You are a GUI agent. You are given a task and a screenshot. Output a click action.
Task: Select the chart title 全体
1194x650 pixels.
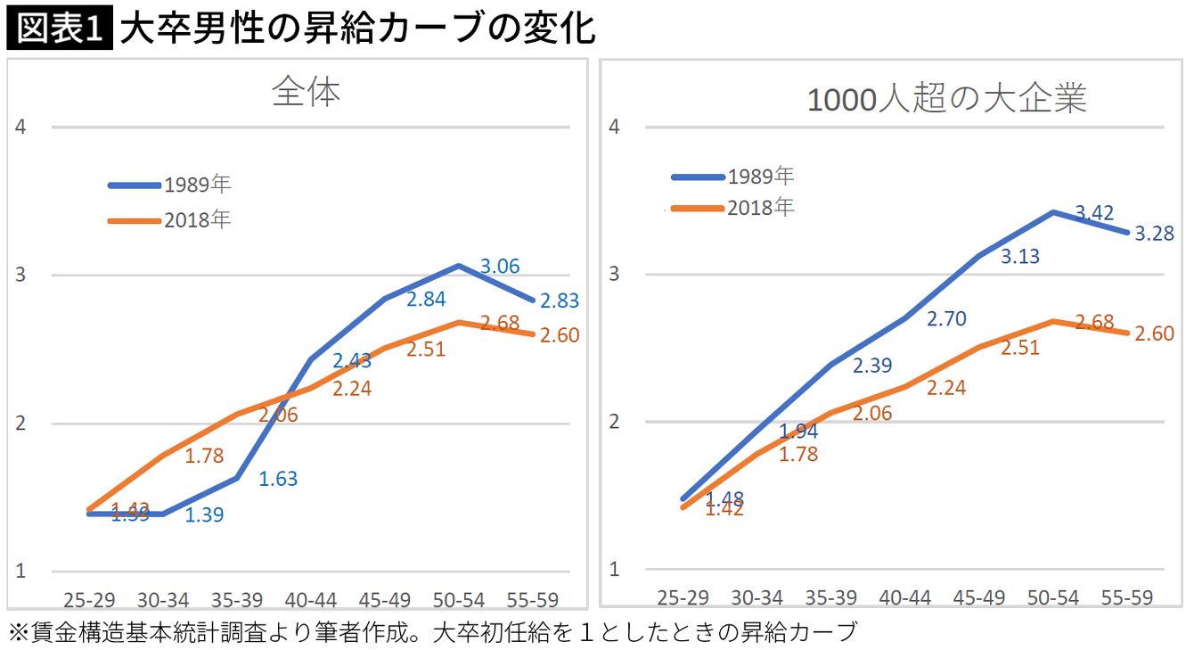point(306,93)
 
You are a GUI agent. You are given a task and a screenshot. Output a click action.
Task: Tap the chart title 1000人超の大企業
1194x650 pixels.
point(946,99)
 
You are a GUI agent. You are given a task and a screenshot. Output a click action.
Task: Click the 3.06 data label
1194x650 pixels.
point(500,266)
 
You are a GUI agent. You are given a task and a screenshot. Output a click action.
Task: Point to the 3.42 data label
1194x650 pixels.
point(1094,213)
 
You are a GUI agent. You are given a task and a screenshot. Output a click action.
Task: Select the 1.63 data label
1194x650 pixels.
point(278,479)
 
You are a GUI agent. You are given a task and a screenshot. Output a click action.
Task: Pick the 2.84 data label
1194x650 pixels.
point(426,299)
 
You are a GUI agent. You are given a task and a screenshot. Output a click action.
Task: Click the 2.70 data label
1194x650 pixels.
point(946,318)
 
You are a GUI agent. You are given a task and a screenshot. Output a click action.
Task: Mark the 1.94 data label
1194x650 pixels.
point(798,432)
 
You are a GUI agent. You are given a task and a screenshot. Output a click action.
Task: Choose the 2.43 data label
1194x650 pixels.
point(352,361)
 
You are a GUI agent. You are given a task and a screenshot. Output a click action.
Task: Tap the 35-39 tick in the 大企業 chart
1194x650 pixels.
point(831,597)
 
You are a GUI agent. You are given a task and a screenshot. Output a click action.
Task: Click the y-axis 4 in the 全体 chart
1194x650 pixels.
point(21,127)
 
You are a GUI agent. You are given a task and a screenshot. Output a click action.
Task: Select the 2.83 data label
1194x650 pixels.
point(559,301)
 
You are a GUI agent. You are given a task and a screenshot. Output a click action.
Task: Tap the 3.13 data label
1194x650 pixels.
point(1020,256)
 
